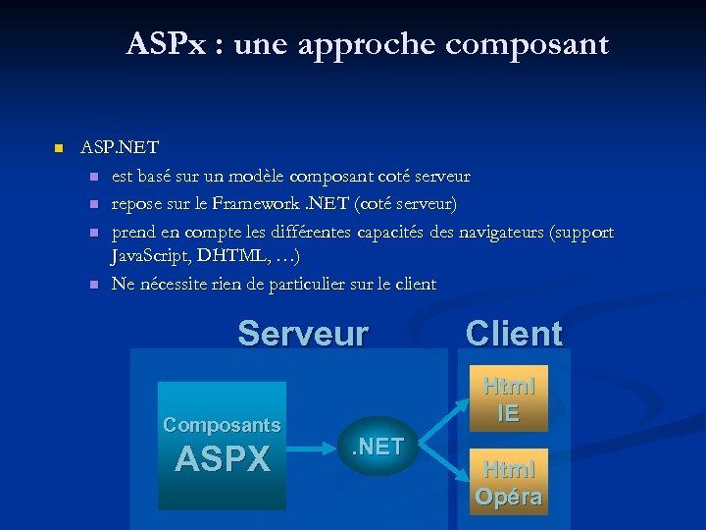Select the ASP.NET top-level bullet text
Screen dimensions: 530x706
click(120, 148)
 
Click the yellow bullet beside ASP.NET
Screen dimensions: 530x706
click(58, 148)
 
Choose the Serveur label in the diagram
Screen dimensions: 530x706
click(303, 334)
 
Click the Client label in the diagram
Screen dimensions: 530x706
click(514, 334)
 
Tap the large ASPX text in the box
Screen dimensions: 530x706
click(223, 459)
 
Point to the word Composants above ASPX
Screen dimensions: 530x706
click(222, 425)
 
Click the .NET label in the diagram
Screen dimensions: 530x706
click(378, 447)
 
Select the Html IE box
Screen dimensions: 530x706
click(508, 399)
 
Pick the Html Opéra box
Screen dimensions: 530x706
click(508, 483)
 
